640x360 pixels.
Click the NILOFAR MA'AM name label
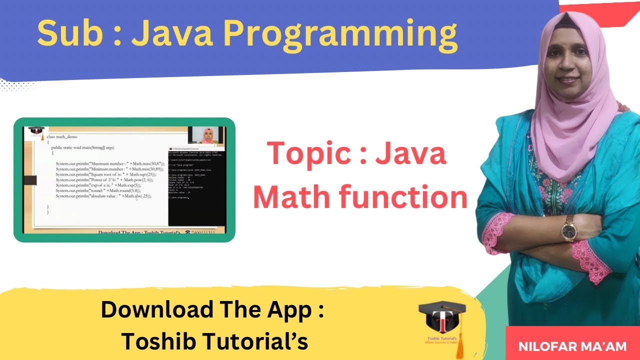tap(573, 346)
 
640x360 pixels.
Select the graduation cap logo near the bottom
tap(442, 320)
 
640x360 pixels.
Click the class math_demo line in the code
tap(62, 136)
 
